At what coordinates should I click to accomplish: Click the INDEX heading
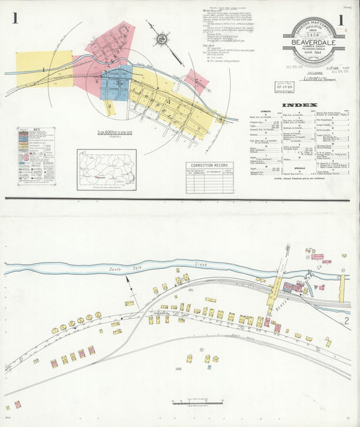pyautogui.click(x=298, y=105)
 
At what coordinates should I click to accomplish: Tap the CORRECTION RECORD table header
pyautogui.click(x=209, y=165)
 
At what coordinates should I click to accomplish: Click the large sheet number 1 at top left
pyautogui.click(x=14, y=18)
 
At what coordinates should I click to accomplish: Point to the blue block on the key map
pyautogui.click(x=116, y=82)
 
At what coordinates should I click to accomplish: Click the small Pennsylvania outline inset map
pyautogui.click(x=106, y=169)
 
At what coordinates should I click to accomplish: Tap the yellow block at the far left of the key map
pyautogui.click(x=44, y=69)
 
